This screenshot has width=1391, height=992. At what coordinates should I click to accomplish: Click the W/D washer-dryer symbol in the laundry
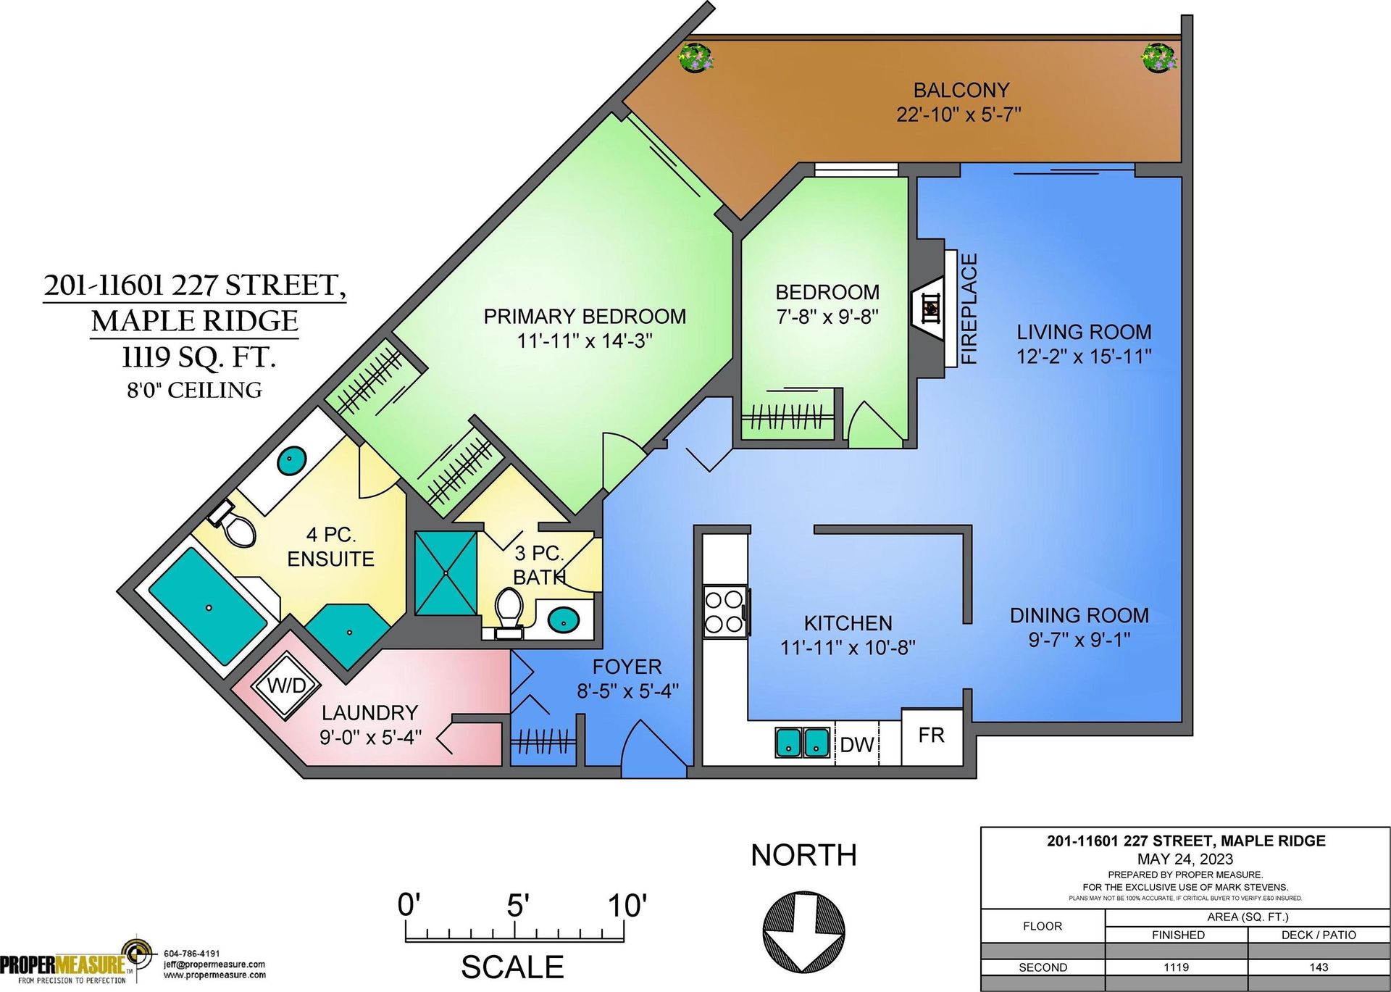pyautogui.click(x=286, y=685)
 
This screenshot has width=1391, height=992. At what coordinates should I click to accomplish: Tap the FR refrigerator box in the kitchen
pyautogui.click(x=932, y=736)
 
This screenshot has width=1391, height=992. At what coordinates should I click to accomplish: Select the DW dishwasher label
pyautogui.click(x=857, y=745)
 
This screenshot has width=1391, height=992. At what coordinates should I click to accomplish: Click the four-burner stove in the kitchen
pyautogui.click(x=725, y=612)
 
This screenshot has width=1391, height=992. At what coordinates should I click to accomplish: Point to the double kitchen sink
pyautogui.click(x=803, y=742)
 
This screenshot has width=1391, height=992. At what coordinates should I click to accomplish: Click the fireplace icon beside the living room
pyautogui.click(x=930, y=308)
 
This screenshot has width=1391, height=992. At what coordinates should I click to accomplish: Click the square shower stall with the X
pyautogui.click(x=446, y=573)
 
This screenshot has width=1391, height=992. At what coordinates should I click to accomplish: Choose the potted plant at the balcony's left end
pyautogui.click(x=696, y=57)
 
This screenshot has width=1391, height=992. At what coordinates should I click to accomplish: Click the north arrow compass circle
pyautogui.click(x=803, y=931)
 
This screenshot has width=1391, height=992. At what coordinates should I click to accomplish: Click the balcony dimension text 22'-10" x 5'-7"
pyautogui.click(x=959, y=114)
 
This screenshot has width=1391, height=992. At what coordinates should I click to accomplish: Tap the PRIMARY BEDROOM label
pyautogui.click(x=585, y=317)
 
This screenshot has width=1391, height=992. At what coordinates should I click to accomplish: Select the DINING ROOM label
pyautogui.click(x=1079, y=616)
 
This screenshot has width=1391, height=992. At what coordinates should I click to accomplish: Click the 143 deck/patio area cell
pyautogui.click(x=1319, y=967)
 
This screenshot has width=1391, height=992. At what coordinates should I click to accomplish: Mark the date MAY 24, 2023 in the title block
pyautogui.click(x=1185, y=859)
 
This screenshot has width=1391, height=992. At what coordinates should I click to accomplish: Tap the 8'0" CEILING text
pyautogui.click(x=195, y=391)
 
